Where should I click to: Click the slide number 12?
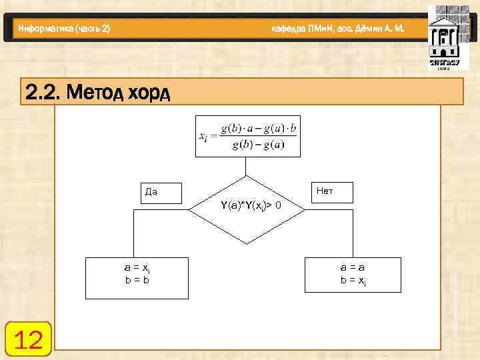tap(28, 341)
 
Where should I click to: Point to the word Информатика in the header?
tap(46, 29)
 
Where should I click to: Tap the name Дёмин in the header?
tap(359, 29)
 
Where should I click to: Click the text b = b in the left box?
tap(136, 280)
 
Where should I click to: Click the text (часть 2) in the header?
tap(93, 29)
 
